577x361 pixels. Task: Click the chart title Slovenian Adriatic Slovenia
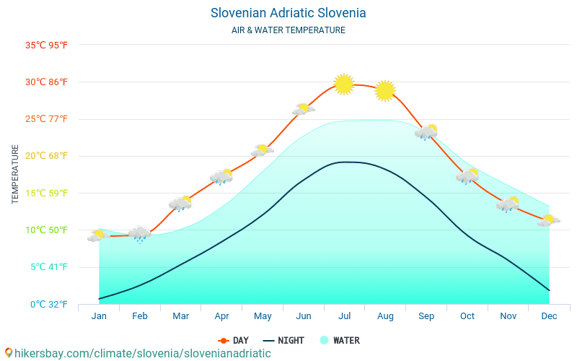(288, 13)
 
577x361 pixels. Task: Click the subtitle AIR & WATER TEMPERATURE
(288, 30)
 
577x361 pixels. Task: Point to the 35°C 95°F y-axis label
(46, 45)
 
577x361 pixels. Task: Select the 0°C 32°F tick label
(46, 304)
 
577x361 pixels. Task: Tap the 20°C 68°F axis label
(46, 156)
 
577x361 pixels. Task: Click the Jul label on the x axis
(345, 316)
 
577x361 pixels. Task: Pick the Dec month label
(549, 316)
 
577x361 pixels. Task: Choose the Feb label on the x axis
(140, 316)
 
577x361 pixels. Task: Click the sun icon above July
(344, 84)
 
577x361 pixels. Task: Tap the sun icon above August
(385, 90)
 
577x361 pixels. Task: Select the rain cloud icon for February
(139, 234)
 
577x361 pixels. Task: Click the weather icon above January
(98, 235)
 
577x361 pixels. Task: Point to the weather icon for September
(426, 132)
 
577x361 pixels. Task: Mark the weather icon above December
(548, 221)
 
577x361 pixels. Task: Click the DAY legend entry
(234, 340)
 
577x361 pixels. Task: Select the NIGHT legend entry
(283, 340)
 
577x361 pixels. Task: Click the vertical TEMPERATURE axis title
(15, 174)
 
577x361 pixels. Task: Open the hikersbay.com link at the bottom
(138, 353)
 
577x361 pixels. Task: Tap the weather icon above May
(262, 151)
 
